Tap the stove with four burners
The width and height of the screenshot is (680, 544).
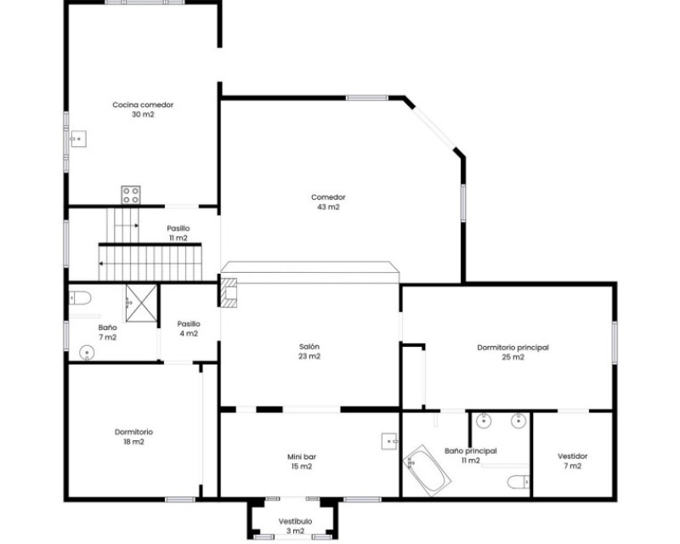point(131,195)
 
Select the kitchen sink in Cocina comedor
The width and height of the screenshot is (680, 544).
point(78,139)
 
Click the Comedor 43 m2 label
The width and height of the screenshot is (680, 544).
point(328,201)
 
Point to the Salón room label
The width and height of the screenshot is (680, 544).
point(309,347)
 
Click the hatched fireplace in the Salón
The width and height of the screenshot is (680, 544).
point(229,292)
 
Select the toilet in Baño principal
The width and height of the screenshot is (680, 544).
point(518,482)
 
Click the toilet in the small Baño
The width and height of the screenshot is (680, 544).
point(80,298)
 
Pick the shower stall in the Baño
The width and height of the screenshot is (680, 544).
point(141,303)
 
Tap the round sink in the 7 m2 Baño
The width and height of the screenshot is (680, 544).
point(87,353)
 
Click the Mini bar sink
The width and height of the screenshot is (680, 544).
point(390,441)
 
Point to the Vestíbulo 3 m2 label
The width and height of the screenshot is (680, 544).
point(295,526)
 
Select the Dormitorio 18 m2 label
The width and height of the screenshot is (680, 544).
point(133,437)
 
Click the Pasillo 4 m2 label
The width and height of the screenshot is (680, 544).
point(189,328)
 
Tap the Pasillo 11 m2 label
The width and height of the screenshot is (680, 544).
point(178,233)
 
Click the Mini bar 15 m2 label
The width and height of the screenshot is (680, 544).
point(302,462)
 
